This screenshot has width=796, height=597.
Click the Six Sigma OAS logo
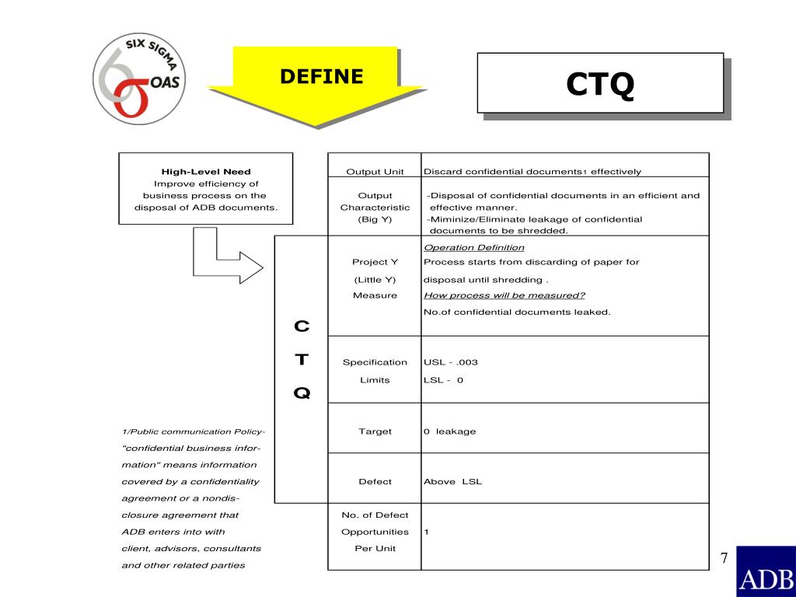(140, 78)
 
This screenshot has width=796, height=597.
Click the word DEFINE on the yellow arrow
(322, 76)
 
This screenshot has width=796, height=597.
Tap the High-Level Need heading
(206, 172)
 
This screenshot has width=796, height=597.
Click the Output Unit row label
(375, 172)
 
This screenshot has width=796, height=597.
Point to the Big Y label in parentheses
(375, 219)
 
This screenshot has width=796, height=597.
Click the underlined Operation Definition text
(474, 247)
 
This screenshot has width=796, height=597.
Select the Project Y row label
(375, 262)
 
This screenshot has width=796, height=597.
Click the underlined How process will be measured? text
(504, 295)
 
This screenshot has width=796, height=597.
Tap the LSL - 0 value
(443, 380)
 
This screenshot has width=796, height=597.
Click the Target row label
(375, 431)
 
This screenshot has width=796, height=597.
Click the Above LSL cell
(452, 481)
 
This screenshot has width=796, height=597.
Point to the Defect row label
(375, 481)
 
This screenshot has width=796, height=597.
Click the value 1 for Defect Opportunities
(426, 532)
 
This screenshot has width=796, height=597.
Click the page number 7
(724, 558)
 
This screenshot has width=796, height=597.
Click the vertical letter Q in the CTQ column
(302, 393)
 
